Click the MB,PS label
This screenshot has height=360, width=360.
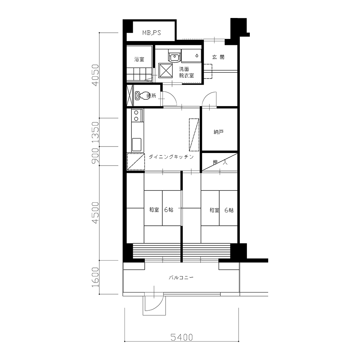(152, 33)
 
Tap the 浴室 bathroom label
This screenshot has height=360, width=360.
(139, 59)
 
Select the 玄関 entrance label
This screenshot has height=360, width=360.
(218, 57)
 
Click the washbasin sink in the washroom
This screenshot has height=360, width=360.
(175, 56)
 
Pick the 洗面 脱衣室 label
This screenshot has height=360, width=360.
(186, 72)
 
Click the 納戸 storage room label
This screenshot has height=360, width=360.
(219, 132)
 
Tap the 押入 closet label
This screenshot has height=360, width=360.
(220, 163)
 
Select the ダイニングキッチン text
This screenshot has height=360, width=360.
(171, 157)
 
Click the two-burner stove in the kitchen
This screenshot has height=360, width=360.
(136, 116)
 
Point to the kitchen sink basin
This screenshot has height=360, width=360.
(136, 145)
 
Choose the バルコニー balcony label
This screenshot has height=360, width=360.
(181, 278)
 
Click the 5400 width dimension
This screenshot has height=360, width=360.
(181, 337)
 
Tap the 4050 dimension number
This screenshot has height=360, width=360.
(95, 75)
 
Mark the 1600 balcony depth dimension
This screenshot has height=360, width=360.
(95, 277)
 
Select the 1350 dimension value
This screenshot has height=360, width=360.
(95, 132)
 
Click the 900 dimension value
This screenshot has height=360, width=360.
(95, 156)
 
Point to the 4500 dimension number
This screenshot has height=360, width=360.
(95, 213)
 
